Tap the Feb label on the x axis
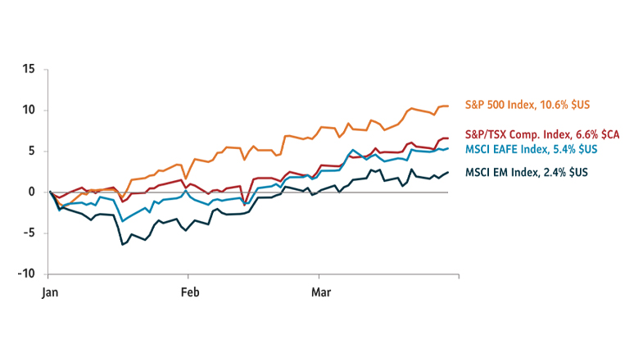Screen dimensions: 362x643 189,292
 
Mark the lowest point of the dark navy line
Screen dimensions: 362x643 122,244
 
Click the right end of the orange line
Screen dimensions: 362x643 447,106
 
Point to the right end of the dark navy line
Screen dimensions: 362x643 447,172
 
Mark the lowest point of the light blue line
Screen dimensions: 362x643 122,221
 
